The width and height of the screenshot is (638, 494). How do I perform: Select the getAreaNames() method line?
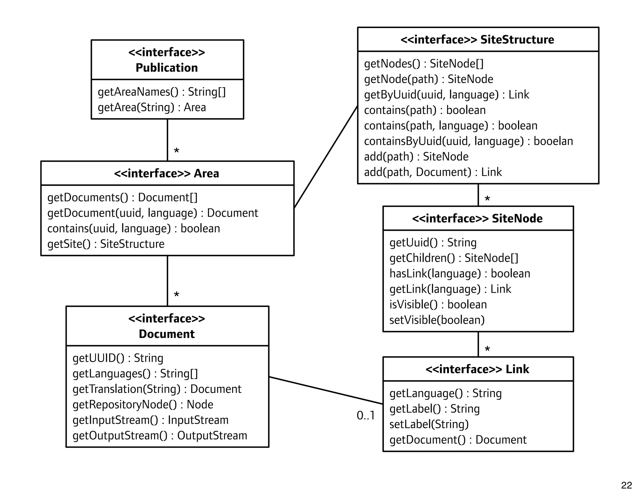161,92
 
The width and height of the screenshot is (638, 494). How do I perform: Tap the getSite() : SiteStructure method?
106,244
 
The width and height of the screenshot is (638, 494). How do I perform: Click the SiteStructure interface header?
477,40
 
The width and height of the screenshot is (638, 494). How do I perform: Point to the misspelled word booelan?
553,141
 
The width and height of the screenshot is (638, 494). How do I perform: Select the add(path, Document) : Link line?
433,172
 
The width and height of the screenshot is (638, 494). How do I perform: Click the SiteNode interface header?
477,219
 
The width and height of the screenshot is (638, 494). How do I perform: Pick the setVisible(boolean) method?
437,320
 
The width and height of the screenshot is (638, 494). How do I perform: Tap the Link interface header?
477,369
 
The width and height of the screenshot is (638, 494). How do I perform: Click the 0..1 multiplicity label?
365,416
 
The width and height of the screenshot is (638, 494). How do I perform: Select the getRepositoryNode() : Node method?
143,405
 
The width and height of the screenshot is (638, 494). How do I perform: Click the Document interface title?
167,326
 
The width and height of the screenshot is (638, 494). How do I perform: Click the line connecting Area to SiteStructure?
326,157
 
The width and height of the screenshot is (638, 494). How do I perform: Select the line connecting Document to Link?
326,390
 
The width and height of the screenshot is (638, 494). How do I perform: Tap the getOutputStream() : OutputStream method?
159,436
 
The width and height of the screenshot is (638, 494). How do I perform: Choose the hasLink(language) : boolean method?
459,274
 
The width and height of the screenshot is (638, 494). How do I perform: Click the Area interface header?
167,173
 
